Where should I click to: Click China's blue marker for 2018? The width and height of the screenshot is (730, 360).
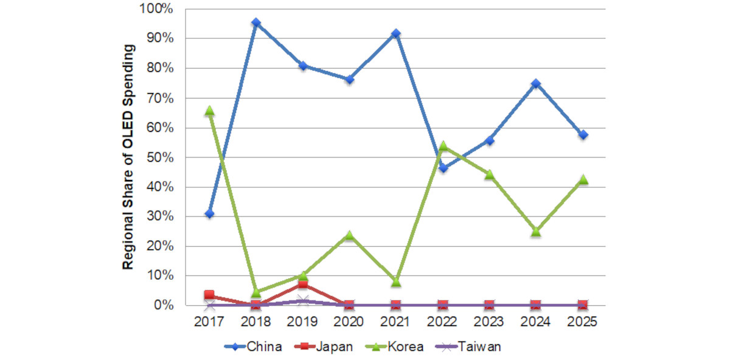pos(256,23)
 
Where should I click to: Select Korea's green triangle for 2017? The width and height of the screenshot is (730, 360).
pos(209,111)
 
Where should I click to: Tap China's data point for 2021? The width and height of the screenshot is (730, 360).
pos(396,33)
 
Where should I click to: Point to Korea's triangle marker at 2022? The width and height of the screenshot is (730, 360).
pos(443,146)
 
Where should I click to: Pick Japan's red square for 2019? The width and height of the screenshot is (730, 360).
pos(303,285)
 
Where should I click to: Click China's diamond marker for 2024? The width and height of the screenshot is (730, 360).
pos(536,83)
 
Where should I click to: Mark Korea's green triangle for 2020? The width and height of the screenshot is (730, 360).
pos(349,235)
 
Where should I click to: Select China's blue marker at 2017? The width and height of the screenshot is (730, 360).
pos(209,213)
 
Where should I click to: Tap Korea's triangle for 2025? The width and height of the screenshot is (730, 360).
pos(583,179)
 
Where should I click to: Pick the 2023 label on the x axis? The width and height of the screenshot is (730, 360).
pos(489,320)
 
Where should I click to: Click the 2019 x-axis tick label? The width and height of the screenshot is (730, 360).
pos(302,320)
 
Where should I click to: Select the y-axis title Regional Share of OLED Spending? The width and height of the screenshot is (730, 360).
pos(128,157)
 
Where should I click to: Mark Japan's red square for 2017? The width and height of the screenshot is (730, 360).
pos(209,295)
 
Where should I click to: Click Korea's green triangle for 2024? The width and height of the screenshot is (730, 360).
pos(536,231)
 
